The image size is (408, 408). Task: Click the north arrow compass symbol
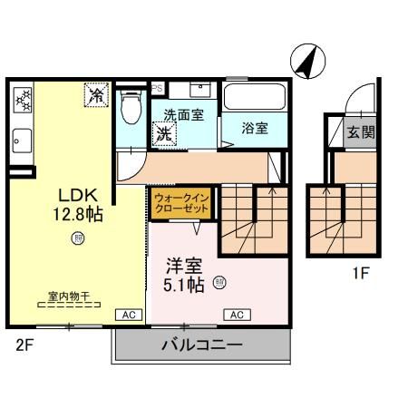tap(308, 62)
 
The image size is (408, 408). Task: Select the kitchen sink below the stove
tap(22, 140)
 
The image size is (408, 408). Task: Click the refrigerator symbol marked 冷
tap(95, 93)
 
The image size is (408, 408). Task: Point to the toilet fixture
tap(131, 105)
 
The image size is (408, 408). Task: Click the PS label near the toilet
tap(156, 88)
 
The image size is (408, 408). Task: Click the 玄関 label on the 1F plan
tap(361, 131)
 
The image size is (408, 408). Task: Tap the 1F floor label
tap(361, 271)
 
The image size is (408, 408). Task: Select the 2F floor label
tap(24, 344)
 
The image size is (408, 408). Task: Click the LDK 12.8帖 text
tap(79, 205)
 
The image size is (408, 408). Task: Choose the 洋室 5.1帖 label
tap(185, 275)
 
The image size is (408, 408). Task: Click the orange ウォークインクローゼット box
tap(180, 201)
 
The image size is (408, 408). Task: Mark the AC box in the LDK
tap(128, 315)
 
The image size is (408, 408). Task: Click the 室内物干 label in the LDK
tap(68, 296)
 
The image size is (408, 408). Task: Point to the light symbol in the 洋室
tap(219, 282)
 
